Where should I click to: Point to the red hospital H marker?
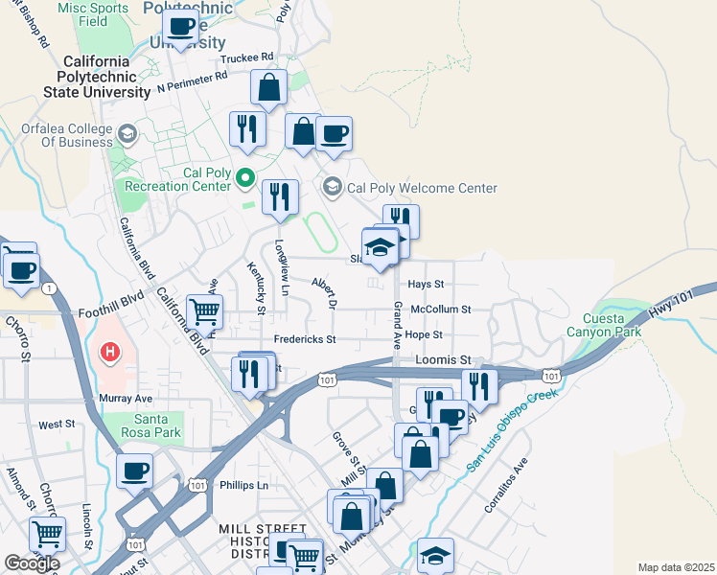tap(110, 353)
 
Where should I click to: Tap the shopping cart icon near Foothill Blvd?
tap(203, 310)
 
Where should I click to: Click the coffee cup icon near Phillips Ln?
tap(135, 471)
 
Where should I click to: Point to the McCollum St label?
tap(441, 310)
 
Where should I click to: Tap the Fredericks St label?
tap(305, 339)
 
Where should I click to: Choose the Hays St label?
tap(427, 285)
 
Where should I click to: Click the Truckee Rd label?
tap(247, 57)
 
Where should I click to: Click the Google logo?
tap(32, 563)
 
